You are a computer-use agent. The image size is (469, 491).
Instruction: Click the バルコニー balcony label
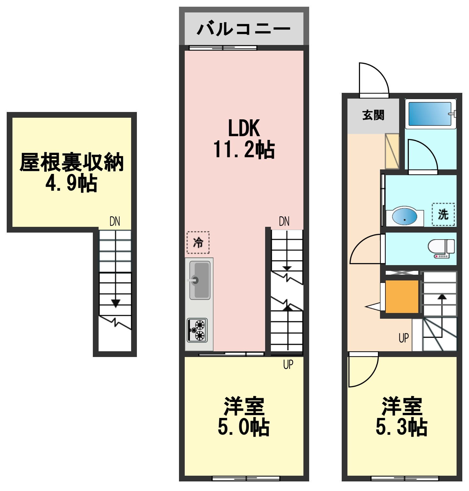pos(243,29)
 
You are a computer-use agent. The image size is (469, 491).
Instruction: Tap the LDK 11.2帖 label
pos(244,139)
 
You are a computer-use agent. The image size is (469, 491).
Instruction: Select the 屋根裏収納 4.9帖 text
pos(71,172)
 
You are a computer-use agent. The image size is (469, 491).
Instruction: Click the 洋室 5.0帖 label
pos(244,416)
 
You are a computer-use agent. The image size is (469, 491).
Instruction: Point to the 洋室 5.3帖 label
pos(402,416)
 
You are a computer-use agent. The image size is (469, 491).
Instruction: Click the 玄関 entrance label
pos(373,115)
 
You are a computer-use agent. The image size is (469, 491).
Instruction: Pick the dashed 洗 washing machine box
pos(443,214)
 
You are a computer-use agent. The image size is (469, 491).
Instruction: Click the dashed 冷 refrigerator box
pos(198,242)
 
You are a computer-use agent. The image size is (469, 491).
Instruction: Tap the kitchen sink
pos(200,280)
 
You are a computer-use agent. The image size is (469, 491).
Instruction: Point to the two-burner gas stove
pos(197,330)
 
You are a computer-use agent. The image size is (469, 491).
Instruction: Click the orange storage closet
pos(402,296)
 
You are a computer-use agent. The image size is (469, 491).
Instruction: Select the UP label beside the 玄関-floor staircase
pos(404,338)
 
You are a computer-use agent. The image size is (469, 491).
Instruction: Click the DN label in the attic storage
pos(115,221)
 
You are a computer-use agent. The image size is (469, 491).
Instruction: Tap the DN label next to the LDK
pos(284,221)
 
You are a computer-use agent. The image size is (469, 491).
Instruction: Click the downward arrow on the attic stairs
pos(115,303)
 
